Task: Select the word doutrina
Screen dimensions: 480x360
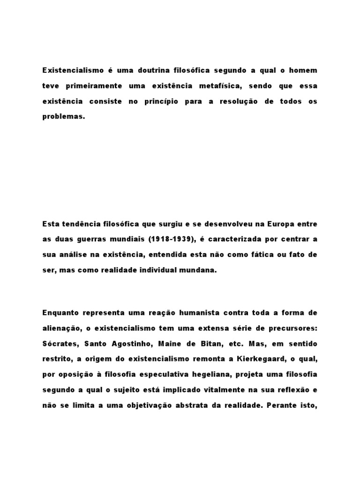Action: point(153,70)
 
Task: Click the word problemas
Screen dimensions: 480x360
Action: point(64,117)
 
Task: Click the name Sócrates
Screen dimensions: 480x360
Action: point(60,343)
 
